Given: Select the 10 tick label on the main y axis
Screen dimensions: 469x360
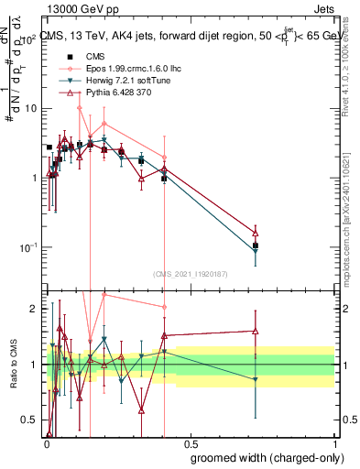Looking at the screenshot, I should coord(29,108).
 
